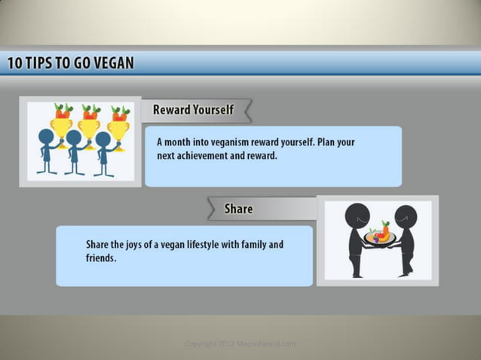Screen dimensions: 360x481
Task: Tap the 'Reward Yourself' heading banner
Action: (193, 110)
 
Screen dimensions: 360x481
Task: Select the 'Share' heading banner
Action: (238, 209)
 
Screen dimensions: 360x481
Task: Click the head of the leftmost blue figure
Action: (47, 136)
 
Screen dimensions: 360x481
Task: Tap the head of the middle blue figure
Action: (74, 138)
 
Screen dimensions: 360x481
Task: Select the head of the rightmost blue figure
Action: (103, 139)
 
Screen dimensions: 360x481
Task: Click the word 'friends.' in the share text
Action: (101, 258)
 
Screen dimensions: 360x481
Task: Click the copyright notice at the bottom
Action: (240, 344)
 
